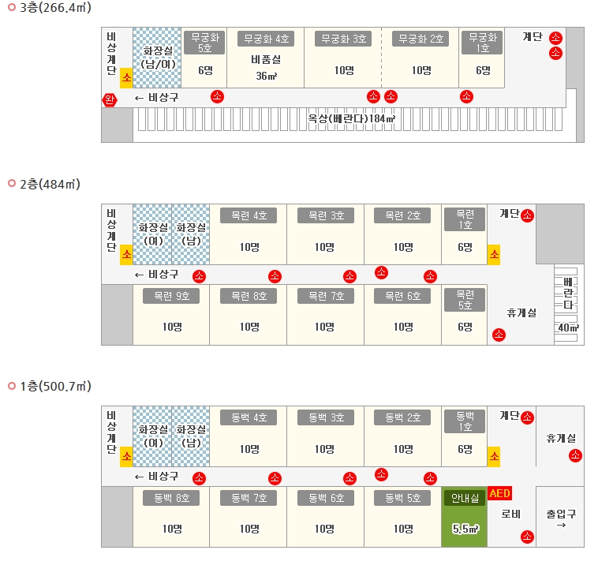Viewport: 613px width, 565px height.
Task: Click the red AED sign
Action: click(500, 494)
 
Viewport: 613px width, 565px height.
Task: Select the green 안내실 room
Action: click(465, 517)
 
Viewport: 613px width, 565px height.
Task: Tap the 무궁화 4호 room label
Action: click(265, 38)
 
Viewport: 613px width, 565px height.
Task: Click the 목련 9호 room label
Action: click(171, 297)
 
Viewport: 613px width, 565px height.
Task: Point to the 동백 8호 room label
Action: click(171, 499)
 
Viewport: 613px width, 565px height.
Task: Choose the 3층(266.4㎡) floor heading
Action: click(55, 8)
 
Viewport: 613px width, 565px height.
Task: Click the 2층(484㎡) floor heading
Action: click(50, 184)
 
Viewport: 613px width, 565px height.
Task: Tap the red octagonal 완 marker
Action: click(109, 99)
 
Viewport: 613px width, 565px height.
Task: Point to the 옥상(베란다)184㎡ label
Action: click(351, 119)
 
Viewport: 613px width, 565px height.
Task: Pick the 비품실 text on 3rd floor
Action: click(265, 59)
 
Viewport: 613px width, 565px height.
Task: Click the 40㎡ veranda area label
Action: click(568, 327)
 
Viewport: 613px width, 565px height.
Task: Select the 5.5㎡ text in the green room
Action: click(465, 529)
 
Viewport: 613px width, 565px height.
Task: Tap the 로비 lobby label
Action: click(510, 514)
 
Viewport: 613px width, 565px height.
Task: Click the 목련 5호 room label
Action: click(465, 301)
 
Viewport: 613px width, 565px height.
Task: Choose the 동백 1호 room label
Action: click(465, 421)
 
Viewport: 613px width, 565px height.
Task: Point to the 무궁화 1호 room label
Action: click(483, 43)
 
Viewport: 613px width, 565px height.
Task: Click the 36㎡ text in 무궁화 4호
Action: click(265, 76)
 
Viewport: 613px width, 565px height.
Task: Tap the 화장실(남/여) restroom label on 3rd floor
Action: click(157, 57)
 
